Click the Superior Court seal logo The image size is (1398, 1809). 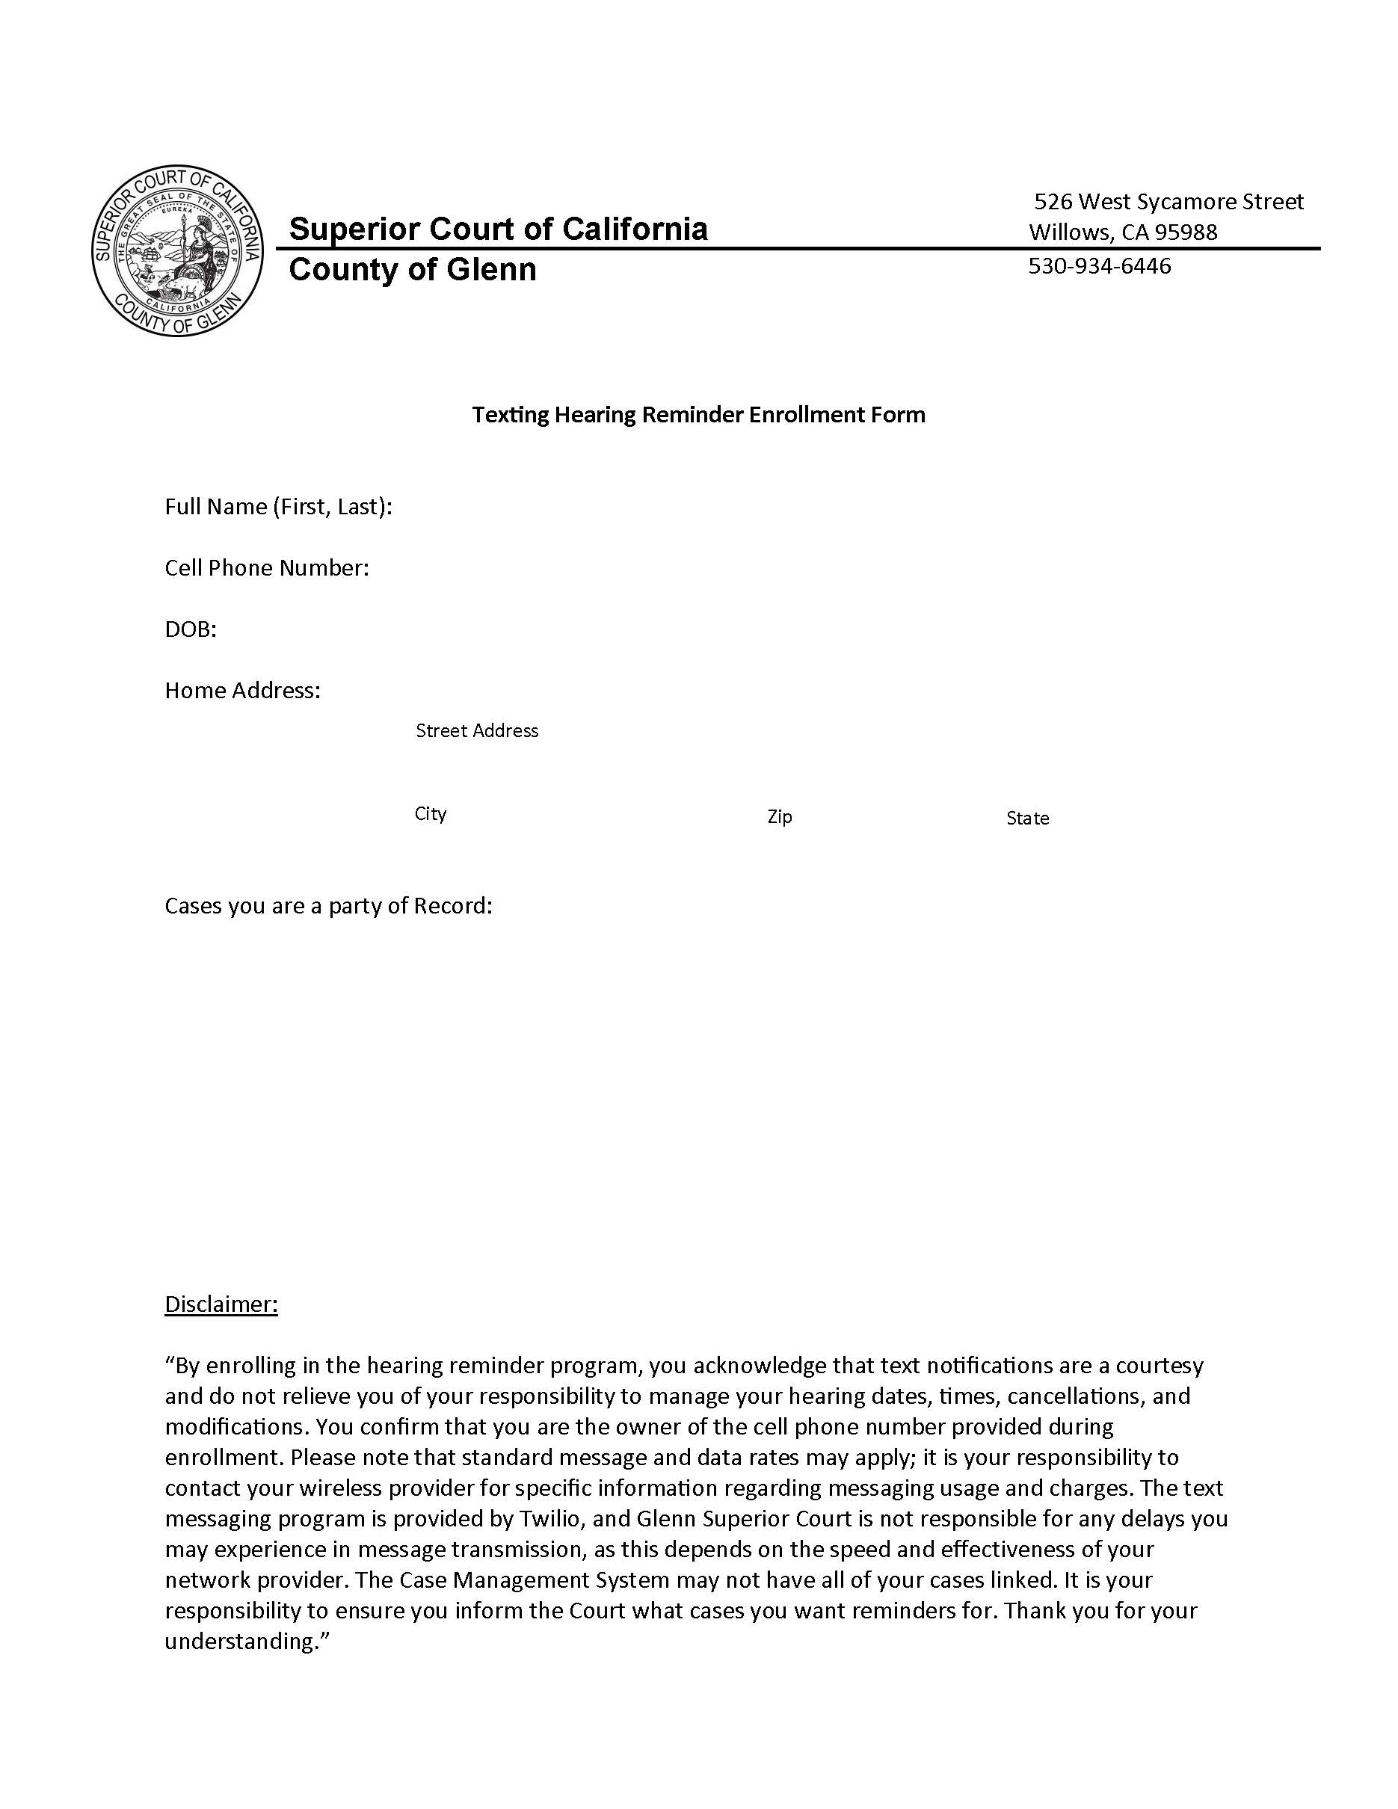tap(177, 250)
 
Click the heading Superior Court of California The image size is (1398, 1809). tap(498, 229)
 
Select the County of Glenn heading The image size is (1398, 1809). tap(413, 269)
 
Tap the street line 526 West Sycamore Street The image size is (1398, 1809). tap(1168, 201)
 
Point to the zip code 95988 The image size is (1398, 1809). tap(1186, 232)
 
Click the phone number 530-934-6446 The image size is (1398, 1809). tap(1099, 266)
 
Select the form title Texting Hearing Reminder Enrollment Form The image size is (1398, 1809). tap(698, 414)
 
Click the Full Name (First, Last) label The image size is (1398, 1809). tap(278, 506)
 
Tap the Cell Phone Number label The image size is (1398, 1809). tap(267, 567)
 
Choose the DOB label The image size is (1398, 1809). tap(191, 629)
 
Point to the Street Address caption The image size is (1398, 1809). tap(476, 730)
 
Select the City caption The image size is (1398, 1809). tap(430, 813)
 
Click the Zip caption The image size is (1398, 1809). tap(779, 817)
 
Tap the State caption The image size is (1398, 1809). tap(1027, 819)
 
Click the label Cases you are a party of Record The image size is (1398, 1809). tap(328, 905)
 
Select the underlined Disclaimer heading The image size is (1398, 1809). tap(221, 1304)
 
